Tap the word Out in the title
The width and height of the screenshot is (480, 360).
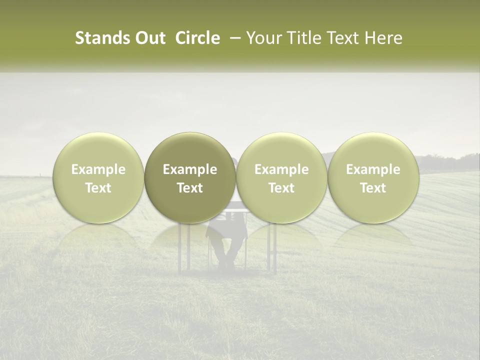coord(148,38)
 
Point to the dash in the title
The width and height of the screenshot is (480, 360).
coord(233,38)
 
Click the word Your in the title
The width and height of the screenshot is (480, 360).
coord(263,38)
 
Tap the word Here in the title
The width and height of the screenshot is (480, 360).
coord(383,38)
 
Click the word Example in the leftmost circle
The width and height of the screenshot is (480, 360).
coord(98,169)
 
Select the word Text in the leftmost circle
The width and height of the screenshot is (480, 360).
coord(98,188)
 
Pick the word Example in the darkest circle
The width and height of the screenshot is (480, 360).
coord(190,169)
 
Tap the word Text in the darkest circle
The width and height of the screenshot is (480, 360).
coord(190,188)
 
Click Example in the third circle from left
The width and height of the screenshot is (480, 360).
coord(281,169)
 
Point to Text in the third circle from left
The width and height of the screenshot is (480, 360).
coord(281,188)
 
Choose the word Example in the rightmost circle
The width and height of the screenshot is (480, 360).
coord(373,169)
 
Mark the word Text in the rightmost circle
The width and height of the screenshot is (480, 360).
coord(373,188)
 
